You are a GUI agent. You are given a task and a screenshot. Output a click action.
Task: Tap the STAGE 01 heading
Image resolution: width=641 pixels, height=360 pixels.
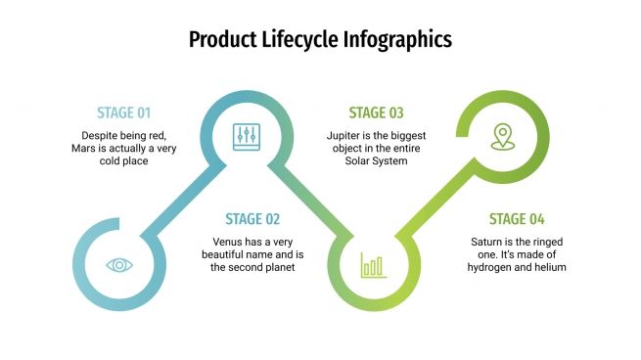coord(123,112)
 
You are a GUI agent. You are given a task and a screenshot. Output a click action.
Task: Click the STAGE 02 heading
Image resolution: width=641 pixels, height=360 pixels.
coord(252,219)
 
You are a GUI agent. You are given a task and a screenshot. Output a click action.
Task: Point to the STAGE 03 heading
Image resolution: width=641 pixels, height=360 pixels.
coord(376,112)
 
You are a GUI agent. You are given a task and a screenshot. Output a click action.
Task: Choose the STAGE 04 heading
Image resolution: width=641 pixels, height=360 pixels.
coord(517,219)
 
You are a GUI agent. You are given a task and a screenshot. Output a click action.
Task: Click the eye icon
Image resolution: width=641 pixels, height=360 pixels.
coord(119,264)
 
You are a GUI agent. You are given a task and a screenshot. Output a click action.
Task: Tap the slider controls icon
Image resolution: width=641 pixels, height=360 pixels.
coord(245,136)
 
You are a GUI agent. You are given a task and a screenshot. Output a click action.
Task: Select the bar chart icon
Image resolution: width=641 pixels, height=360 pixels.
coord(373,264)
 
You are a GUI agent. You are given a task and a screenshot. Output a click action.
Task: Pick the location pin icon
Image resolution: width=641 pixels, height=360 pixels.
coord(503,136)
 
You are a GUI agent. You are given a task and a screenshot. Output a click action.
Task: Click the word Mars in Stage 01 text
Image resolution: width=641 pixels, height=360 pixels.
coord(85,148)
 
